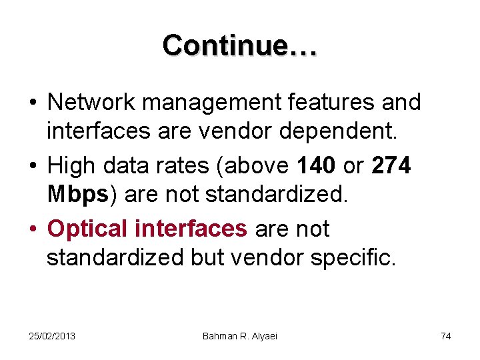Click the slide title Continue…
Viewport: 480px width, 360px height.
point(240,45)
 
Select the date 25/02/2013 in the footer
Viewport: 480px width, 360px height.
point(51,336)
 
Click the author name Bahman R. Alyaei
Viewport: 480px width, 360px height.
point(240,336)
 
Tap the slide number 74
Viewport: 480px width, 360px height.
point(445,336)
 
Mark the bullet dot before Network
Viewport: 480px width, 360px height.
point(32,104)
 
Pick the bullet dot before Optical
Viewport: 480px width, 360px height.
point(32,230)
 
